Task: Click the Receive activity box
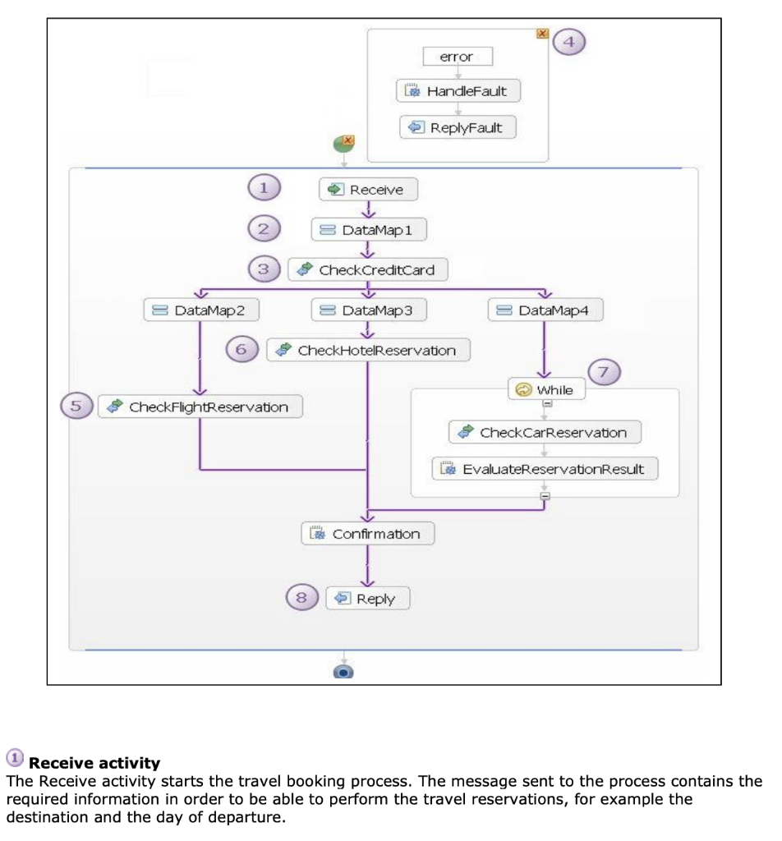point(368,190)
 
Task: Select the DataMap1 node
point(369,230)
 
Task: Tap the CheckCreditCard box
point(367,269)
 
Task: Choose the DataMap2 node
point(201,310)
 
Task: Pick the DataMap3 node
point(369,310)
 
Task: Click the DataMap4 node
point(545,310)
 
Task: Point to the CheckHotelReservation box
point(368,350)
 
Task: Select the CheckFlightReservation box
point(200,407)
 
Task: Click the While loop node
point(546,389)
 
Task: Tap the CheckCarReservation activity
point(545,432)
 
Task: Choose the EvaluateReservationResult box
point(545,469)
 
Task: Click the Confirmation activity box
point(367,534)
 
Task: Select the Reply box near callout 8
point(367,599)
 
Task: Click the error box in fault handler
point(457,57)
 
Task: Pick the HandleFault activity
point(458,90)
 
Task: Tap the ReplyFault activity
point(458,127)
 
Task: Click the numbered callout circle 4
point(569,40)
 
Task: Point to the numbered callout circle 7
point(605,372)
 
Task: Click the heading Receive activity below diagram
point(94,764)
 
